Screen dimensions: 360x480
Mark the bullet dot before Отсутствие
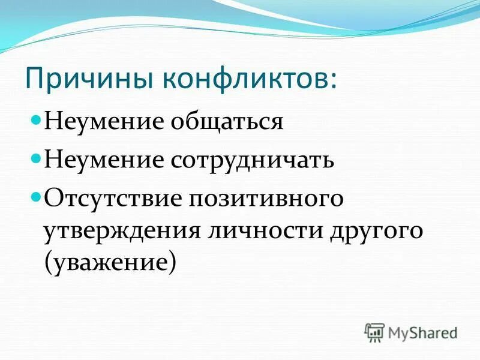point(35,197)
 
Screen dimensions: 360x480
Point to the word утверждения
point(120,231)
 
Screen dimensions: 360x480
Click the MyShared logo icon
point(374,332)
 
